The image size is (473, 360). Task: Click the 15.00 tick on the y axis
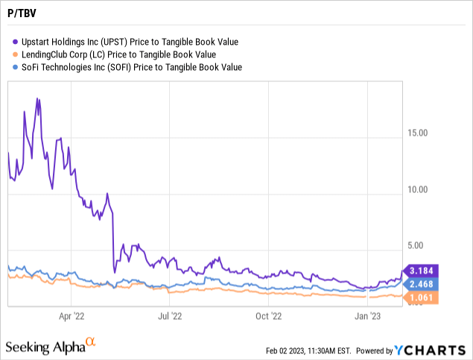[417, 134]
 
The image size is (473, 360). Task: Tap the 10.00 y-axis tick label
[417, 189]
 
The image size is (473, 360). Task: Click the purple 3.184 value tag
[422, 270]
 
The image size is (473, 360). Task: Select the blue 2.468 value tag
[422, 284]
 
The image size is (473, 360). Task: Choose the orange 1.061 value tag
[422, 298]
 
